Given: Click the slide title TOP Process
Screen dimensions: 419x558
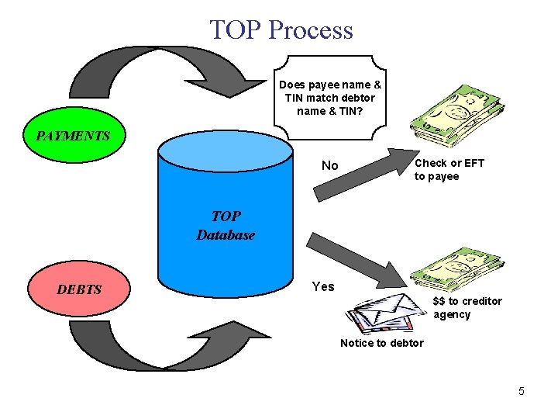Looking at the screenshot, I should [281, 29].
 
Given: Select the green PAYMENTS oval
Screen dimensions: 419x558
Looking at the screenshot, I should [73, 136].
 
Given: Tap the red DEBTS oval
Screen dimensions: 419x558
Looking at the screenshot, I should [79, 289].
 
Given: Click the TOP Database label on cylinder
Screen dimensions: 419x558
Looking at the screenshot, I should [225, 226].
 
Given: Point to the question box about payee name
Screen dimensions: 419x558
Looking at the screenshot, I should [329, 97].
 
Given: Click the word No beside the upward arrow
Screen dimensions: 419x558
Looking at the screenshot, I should [330, 165].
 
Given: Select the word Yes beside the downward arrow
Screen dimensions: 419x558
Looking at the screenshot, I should [323, 286].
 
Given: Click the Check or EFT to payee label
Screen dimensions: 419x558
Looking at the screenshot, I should [449, 169].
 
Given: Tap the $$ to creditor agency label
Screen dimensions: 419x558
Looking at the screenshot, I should [467, 307].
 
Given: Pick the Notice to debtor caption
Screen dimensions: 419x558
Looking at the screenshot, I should [381, 343].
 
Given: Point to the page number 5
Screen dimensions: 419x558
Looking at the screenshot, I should [521, 391].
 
